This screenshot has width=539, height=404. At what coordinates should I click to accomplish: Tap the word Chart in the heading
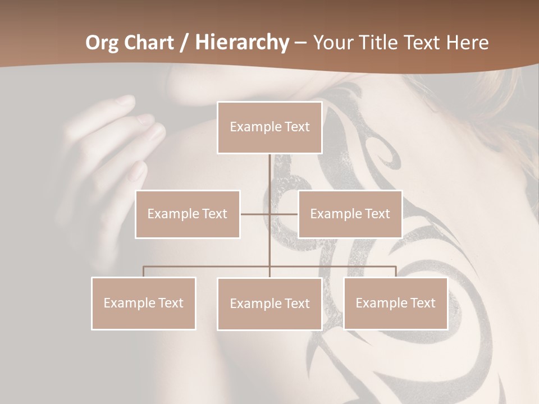[145, 43]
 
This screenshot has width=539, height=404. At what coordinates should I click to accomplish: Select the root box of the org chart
[269, 127]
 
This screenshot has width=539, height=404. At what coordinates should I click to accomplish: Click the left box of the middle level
[188, 214]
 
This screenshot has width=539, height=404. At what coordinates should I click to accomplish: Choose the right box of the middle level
[350, 214]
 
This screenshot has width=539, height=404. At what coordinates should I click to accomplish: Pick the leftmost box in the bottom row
[144, 303]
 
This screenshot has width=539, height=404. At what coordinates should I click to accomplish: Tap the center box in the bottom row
[269, 304]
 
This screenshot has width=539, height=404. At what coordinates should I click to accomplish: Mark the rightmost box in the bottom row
[395, 303]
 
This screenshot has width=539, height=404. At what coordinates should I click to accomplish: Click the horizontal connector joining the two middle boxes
[255, 214]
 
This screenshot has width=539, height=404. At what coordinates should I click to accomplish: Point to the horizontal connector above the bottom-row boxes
[208, 267]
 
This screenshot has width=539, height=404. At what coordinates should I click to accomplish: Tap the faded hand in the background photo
[112, 146]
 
